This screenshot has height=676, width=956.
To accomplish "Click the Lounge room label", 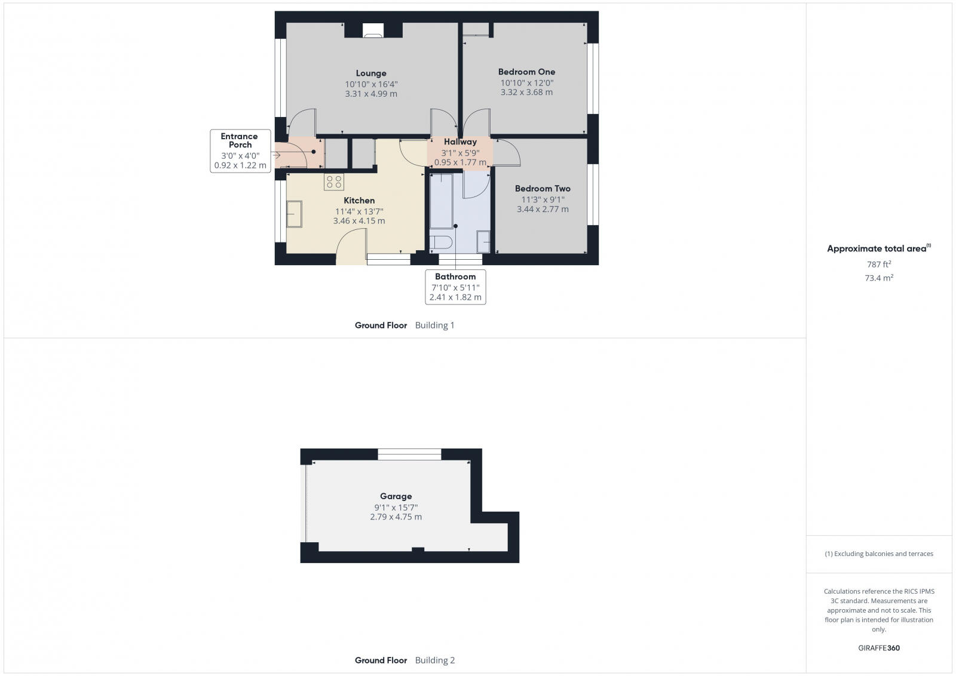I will (371, 73).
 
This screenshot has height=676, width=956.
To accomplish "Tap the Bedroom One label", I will (526, 72).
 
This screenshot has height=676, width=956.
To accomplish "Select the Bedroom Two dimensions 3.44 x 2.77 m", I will (543, 210).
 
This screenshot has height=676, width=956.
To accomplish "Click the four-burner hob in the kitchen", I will (334, 182).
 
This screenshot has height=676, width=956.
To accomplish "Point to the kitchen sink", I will (294, 214).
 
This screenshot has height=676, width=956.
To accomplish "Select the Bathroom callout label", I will (455, 277).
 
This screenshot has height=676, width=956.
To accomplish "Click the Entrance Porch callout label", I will (240, 140).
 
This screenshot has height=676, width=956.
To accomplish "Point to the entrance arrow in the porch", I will (276, 156).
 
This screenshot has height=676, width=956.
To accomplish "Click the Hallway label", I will (460, 142).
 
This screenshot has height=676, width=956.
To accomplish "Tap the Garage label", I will (396, 496).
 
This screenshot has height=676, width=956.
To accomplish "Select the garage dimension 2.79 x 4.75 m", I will (396, 517).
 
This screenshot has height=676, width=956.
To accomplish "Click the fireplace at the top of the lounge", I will (373, 31).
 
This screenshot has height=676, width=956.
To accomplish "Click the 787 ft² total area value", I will (879, 265).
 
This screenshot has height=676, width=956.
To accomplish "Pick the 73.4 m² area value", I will (879, 278).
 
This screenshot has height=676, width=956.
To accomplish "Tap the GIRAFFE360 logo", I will (879, 648).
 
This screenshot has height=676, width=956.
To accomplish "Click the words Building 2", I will (435, 660).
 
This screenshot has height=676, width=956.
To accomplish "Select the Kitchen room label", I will (359, 201).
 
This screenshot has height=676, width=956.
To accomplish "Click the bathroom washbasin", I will (483, 241).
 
